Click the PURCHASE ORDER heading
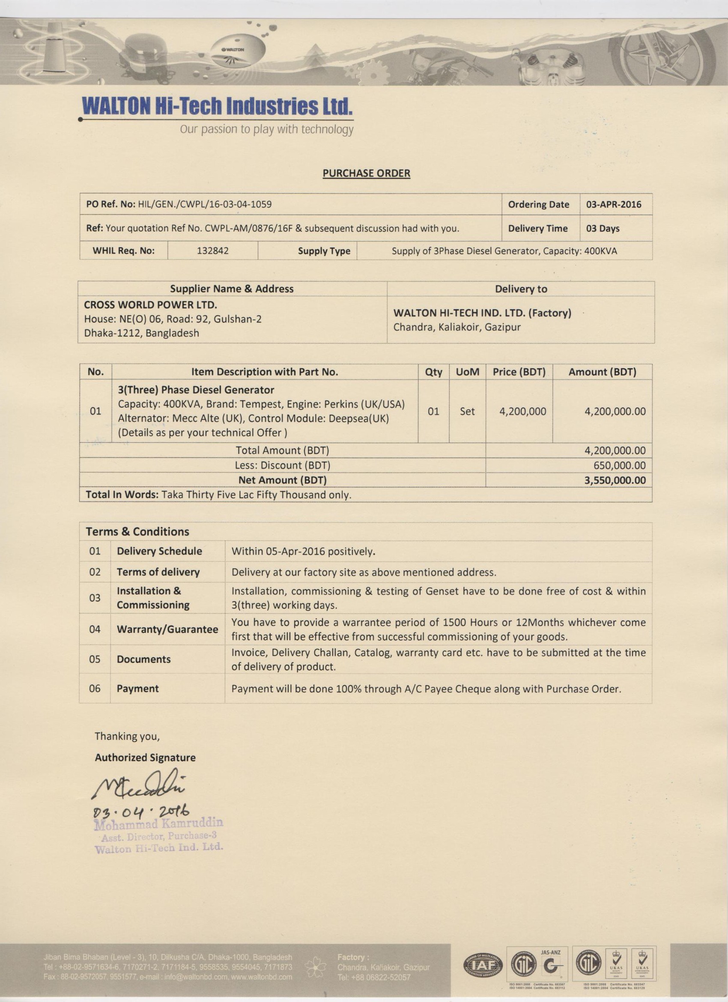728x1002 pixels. click(x=366, y=173)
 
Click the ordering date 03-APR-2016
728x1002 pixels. click(x=614, y=205)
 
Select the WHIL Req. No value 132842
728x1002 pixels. click(x=212, y=251)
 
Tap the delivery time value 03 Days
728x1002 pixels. click(x=603, y=228)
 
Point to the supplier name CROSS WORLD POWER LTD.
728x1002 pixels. click(x=150, y=305)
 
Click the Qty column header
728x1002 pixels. click(x=433, y=372)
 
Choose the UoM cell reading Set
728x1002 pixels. click(x=467, y=412)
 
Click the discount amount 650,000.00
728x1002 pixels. click(x=619, y=465)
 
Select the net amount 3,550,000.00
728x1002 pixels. click(x=615, y=480)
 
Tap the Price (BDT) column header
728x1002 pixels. click(x=519, y=372)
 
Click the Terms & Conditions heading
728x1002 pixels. click(x=137, y=531)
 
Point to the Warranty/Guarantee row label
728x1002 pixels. click(x=167, y=629)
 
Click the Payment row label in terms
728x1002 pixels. click(x=137, y=688)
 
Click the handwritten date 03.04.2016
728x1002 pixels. click(x=140, y=811)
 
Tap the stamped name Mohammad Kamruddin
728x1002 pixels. click(x=158, y=823)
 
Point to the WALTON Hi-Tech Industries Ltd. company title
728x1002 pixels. click(x=218, y=106)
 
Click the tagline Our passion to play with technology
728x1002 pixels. click(x=266, y=129)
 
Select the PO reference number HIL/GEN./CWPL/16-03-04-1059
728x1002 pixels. click(x=205, y=205)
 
